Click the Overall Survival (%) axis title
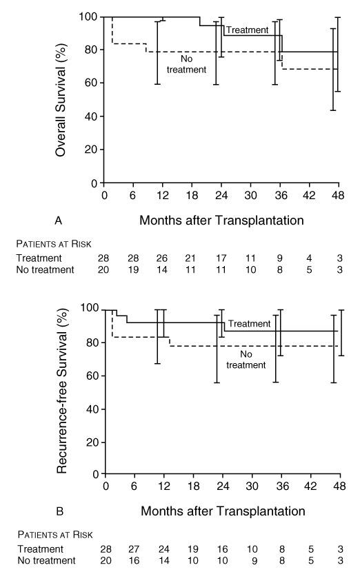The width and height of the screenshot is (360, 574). click(61, 100)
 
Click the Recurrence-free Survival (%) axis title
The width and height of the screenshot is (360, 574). click(62, 391)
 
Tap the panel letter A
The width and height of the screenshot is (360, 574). click(58, 221)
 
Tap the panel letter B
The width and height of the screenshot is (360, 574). click(60, 511)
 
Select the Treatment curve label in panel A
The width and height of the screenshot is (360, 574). click(247, 30)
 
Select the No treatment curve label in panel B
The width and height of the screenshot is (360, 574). click(246, 360)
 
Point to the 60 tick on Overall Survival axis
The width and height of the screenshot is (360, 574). click(91, 83)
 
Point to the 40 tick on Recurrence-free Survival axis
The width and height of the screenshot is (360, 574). click(92, 409)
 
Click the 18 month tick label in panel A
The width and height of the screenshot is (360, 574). click(192, 195)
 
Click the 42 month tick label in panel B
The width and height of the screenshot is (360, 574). click(310, 486)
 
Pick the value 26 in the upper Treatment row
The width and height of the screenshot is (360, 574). click(162, 258)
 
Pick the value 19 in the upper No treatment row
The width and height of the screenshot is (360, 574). click(133, 270)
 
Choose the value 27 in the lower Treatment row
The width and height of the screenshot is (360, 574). click(134, 549)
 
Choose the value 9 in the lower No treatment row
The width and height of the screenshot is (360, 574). click(254, 561)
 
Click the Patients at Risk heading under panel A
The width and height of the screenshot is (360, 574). click(54, 244)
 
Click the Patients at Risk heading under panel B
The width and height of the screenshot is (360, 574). click(55, 535)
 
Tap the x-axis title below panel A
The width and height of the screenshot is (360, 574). click(221, 221)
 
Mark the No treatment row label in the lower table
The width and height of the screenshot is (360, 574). click(46, 560)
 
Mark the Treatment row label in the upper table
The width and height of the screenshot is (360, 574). click(39, 258)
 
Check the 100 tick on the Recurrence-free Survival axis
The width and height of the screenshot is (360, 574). click(90, 308)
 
